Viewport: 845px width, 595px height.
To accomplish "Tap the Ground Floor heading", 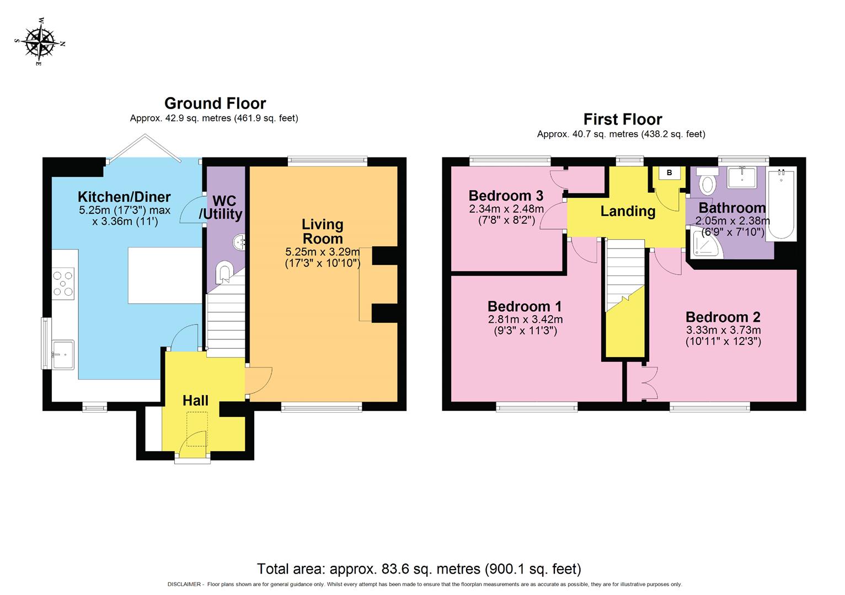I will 215,103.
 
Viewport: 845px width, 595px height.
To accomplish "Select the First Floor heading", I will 623,119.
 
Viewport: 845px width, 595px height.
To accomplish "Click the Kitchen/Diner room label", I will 124,197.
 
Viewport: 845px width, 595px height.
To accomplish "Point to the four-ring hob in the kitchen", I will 63,283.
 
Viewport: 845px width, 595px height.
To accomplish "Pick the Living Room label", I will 323,231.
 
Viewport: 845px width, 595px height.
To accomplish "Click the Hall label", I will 195,401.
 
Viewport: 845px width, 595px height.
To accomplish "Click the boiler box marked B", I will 669,173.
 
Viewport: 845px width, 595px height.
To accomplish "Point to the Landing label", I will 628,211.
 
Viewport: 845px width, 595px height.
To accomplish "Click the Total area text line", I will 419,569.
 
